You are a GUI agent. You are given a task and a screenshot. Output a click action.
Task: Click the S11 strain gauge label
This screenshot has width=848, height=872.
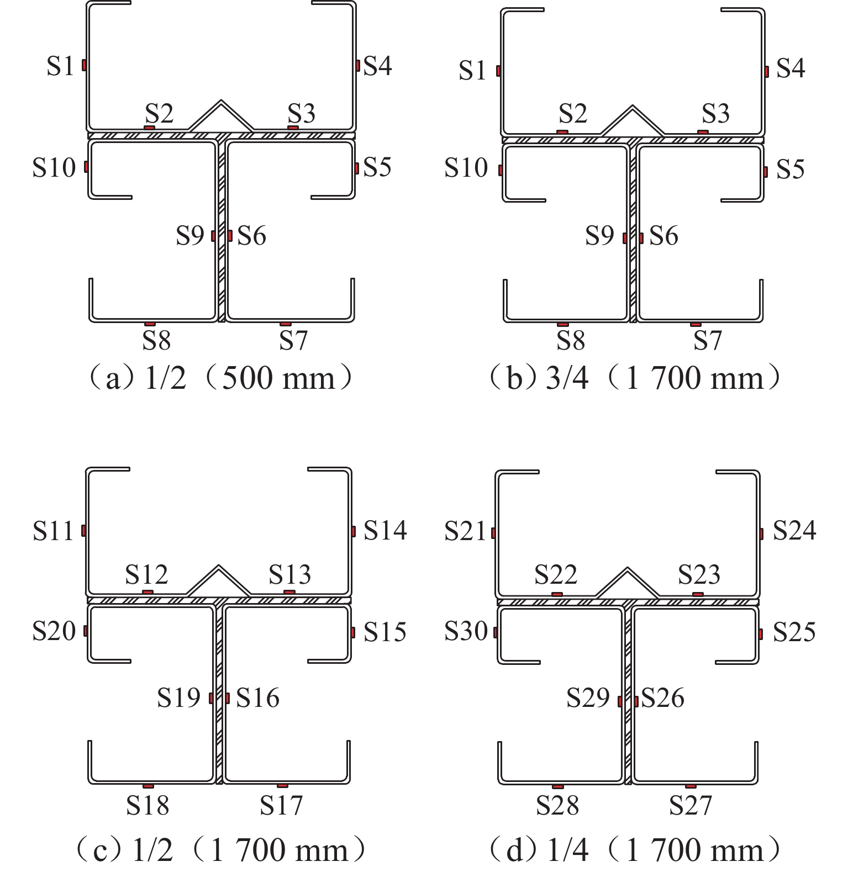pyautogui.click(x=53, y=531)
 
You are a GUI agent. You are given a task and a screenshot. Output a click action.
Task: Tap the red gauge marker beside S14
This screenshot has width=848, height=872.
pyautogui.click(x=354, y=531)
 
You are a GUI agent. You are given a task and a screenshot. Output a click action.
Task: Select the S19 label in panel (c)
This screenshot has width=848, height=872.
pyautogui.click(x=178, y=698)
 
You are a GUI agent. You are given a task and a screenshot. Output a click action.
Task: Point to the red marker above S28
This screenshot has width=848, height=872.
pyautogui.click(x=557, y=786)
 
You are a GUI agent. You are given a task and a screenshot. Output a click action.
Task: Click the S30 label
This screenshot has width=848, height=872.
pyautogui.click(x=466, y=631)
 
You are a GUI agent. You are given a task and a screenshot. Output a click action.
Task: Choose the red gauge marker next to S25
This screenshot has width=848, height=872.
pyautogui.click(x=761, y=634)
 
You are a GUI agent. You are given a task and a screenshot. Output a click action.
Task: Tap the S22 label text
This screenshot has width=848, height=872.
pyautogui.click(x=556, y=575)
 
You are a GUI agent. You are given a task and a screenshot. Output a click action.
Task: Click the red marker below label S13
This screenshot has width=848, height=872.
pyautogui.click(x=289, y=593)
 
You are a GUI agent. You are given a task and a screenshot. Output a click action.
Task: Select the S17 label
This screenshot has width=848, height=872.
pyautogui.click(x=281, y=805)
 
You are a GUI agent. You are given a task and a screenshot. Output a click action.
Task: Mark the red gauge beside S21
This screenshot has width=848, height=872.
pyautogui.click(x=493, y=533)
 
